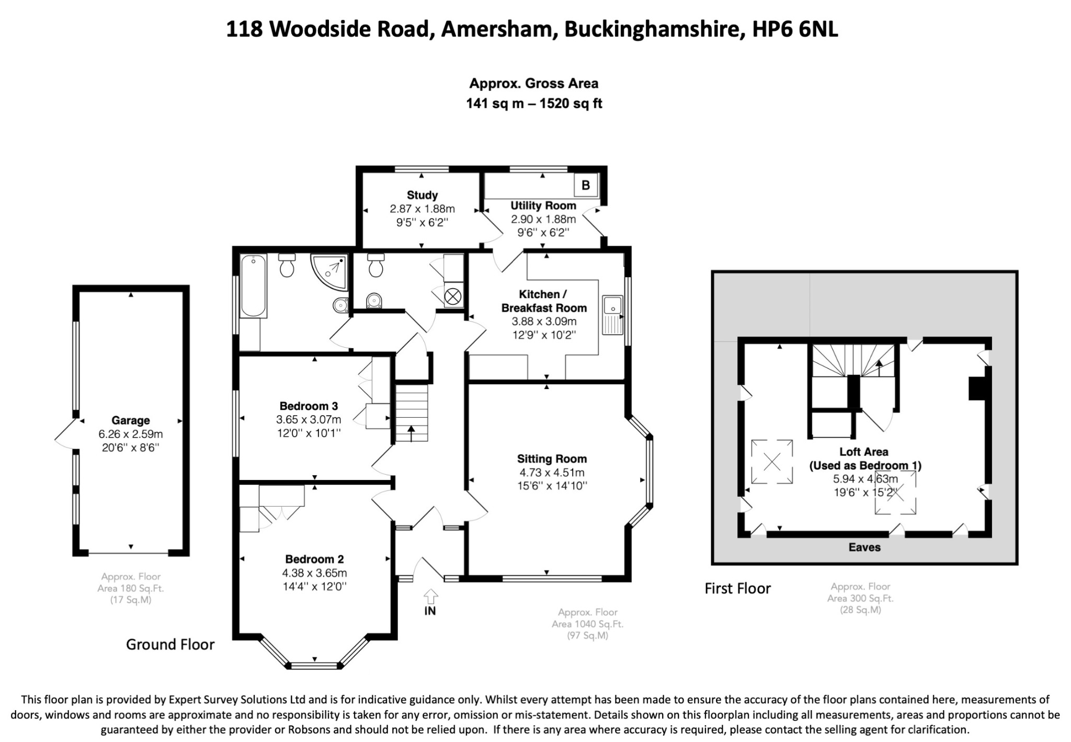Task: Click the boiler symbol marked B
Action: point(586,185)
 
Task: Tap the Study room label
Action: point(422,195)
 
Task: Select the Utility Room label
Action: point(543,206)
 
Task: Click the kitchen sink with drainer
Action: point(613,314)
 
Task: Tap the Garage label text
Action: point(130,420)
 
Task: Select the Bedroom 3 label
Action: point(309,406)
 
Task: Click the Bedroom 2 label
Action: point(314,559)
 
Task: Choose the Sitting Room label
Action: point(552,459)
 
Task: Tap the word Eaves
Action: point(864,547)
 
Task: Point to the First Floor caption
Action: point(737,589)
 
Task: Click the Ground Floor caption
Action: point(170,644)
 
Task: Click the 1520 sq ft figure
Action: point(571,104)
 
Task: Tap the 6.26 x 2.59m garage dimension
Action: point(130,434)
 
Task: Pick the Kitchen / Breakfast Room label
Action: point(544,301)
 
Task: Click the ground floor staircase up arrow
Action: point(411,433)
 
